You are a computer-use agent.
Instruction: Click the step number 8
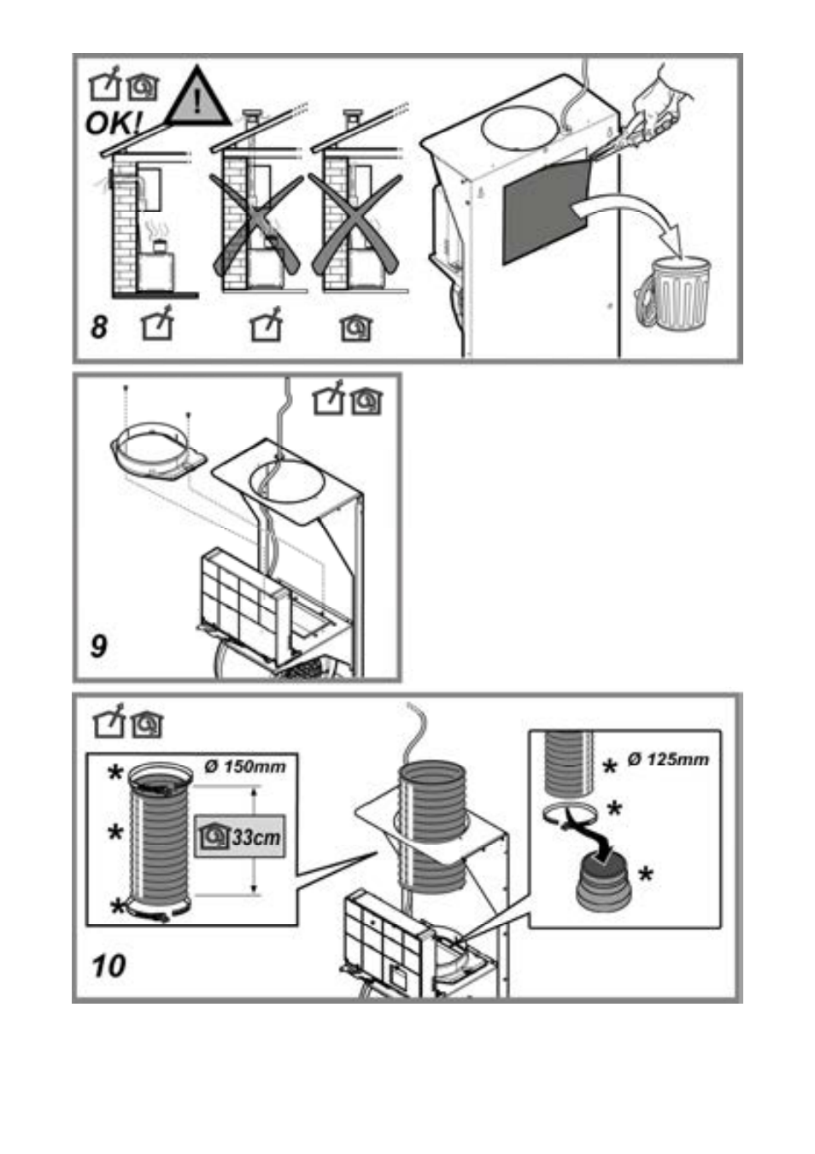(100, 327)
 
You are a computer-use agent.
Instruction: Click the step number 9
(99, 645)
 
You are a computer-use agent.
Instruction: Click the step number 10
(109, 966)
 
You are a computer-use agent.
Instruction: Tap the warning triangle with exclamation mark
(197, 97)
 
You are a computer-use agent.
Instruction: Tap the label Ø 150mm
(245, 766)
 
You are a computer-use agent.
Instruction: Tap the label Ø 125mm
(668, 759)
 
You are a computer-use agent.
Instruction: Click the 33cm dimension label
(239, 837)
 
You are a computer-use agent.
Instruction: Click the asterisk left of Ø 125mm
(609, 765)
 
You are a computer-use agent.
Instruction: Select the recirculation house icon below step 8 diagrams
(356, 327)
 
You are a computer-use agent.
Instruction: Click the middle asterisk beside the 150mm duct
(114, 832)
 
